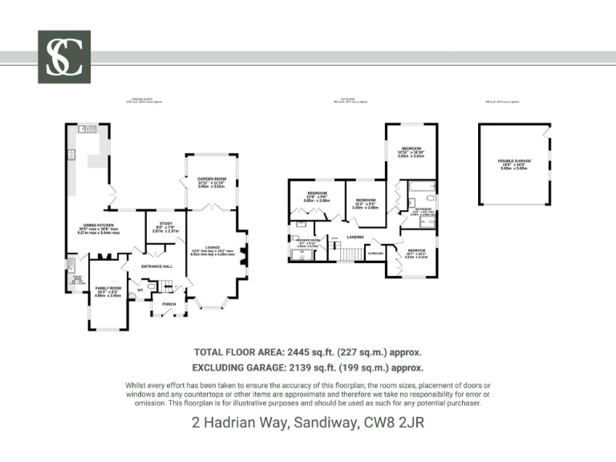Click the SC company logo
(x=64, y=57)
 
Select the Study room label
(x=166, y=224)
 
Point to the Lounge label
(x=212, y=248)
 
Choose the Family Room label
(x=107, y=287)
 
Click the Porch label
(x=168, y=304)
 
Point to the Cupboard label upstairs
(x=374, y=254)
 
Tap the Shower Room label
(x=308, y=240)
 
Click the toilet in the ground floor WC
(x=151, y=284)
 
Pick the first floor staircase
(x=346, y=254)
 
